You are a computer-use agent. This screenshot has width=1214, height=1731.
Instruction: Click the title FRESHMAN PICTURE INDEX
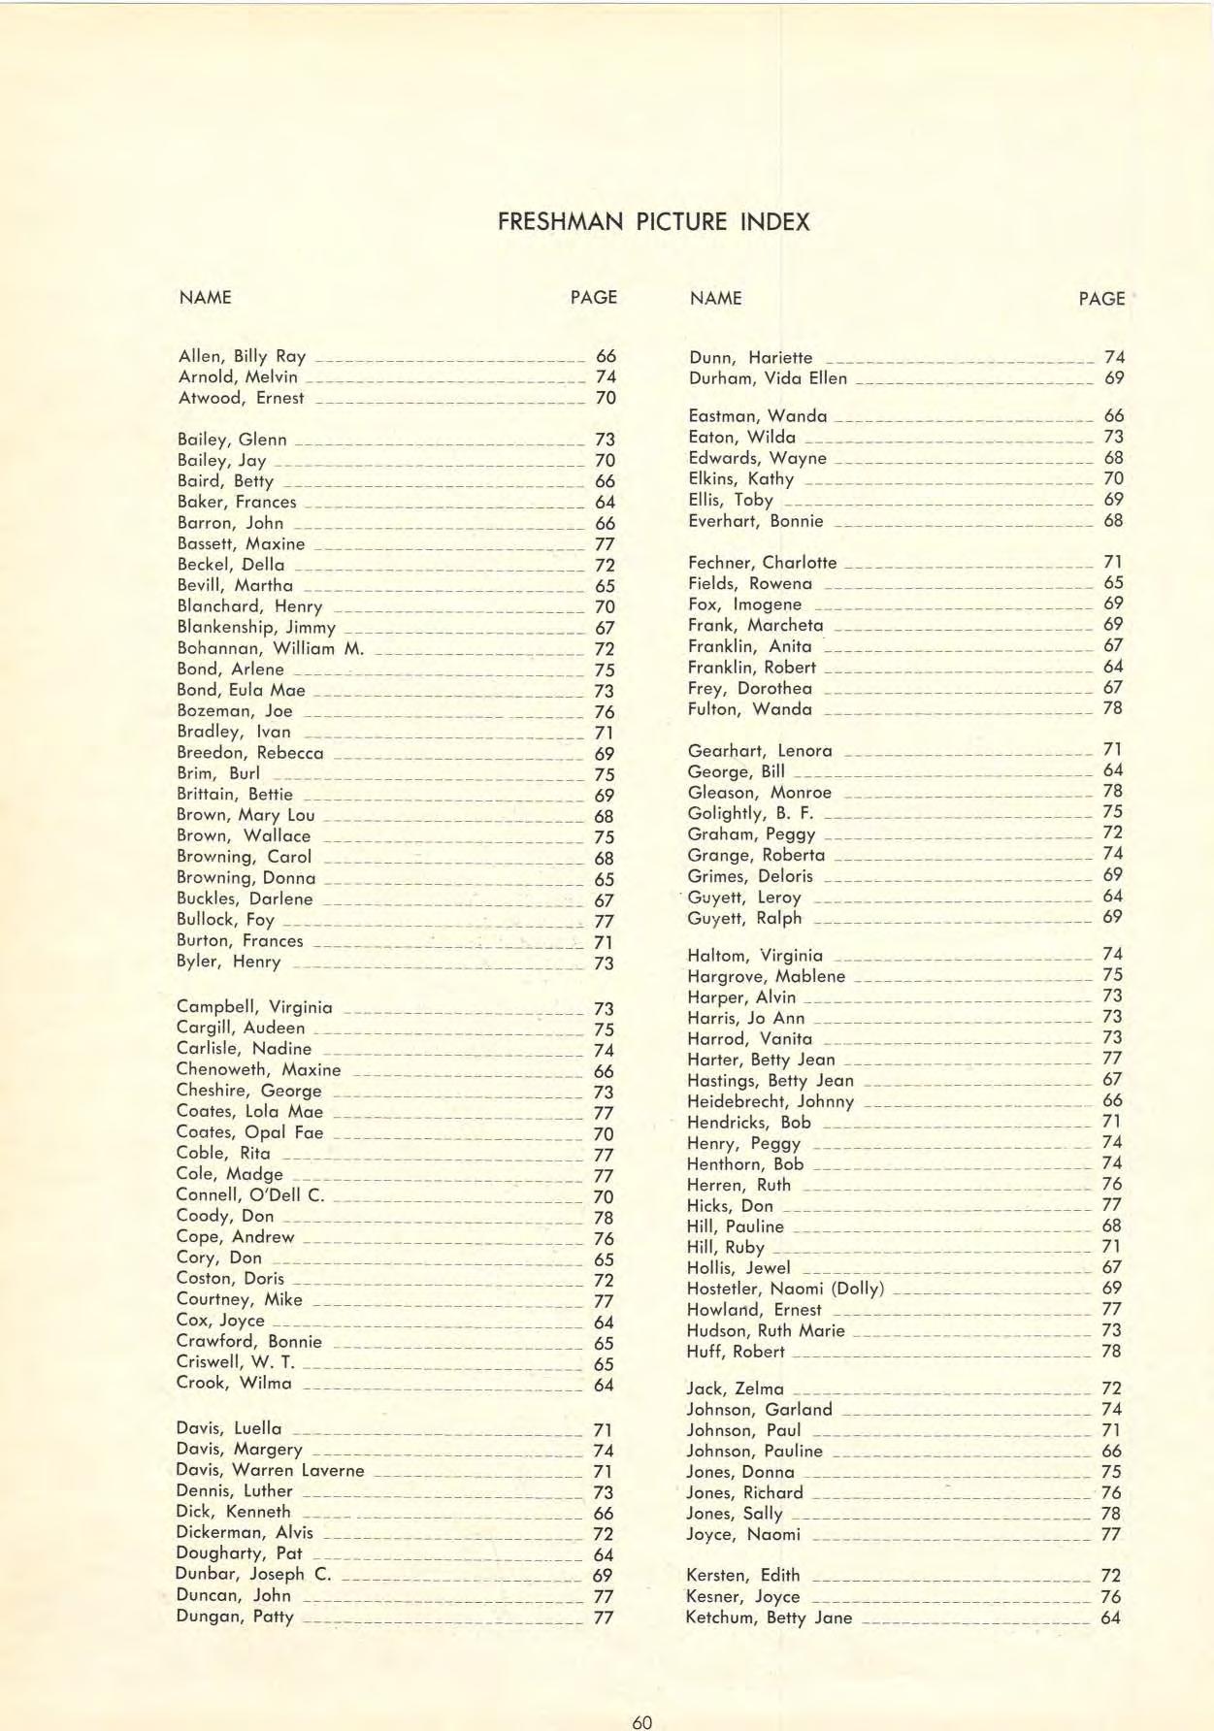[653, 222]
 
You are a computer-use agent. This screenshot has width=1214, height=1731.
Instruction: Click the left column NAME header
[205, 297]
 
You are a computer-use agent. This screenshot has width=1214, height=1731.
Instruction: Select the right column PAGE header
[1101, 299]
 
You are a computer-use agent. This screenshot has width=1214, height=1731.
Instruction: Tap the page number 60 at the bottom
[641, 1722]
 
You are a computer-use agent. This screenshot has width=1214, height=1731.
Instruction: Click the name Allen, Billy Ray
[242, 356]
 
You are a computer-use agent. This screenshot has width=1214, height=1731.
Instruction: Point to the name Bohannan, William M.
[270, 648]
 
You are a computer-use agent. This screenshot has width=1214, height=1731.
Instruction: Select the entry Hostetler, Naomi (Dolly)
[785, 1289]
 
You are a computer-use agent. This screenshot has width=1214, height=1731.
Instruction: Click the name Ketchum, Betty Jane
[769, 1617]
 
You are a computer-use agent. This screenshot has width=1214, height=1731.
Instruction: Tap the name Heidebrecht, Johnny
[771, 1101]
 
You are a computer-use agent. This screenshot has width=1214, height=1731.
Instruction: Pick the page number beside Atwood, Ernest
[606, 398]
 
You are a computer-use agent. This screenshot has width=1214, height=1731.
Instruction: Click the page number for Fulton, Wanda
[1112, 708]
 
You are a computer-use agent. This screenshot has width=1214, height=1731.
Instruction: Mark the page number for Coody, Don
[603, 1218]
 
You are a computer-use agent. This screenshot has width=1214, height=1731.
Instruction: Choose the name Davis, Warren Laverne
[270, 1470]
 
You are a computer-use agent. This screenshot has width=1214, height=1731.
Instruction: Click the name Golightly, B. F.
[750, 813]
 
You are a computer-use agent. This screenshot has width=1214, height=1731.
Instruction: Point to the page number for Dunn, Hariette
[1114, 357]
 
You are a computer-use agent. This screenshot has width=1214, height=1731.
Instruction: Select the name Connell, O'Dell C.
[249, 1194]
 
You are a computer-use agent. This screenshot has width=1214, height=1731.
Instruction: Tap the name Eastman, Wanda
[757, 416]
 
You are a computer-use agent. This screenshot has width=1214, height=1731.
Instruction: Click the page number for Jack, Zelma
[1111, 1388]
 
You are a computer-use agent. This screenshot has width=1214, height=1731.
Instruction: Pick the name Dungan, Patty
[234, 1617]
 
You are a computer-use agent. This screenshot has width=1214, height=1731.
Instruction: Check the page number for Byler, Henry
[604, 963]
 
